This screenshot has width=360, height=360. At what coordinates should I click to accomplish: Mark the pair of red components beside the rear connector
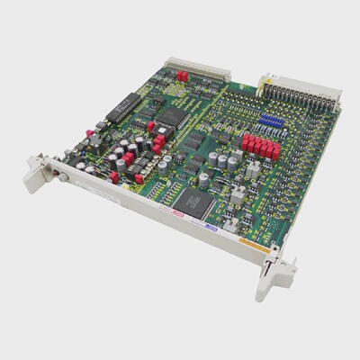[182, 76]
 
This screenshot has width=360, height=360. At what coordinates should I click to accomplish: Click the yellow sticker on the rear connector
[267, 80]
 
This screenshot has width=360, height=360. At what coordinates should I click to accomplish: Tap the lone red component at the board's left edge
[114, 176]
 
